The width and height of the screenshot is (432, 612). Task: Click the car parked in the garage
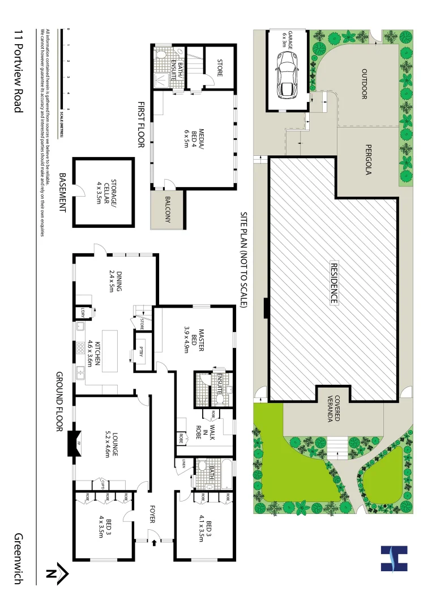(x=286, y=73)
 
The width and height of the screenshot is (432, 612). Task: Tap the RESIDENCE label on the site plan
(x=333, y=283)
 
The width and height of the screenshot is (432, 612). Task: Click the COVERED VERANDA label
(x=333, y=408)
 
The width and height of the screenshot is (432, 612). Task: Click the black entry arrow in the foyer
(x=154, y=543)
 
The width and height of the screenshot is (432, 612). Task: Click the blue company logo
(x=394, y=558)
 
